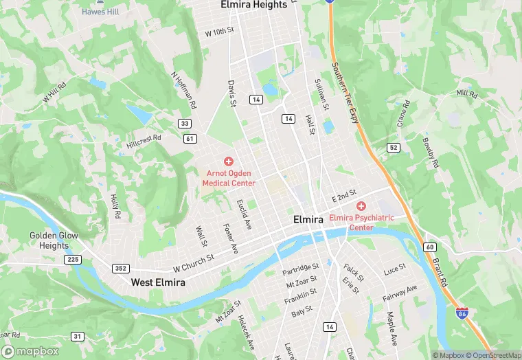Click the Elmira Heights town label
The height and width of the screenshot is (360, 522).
click(x=253, y=5)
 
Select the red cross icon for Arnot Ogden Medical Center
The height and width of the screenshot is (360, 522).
click(x=229, y=161)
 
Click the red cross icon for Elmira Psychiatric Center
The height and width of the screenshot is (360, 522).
click(x=361, y=206)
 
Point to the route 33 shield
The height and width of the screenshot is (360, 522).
click(x=184, y=124)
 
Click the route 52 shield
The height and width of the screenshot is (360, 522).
click(x=393, y=148)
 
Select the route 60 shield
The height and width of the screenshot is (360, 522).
click(x=430, y=247)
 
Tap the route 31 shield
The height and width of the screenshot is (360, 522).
click(x=77, y=336)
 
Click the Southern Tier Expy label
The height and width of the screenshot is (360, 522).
click(x=345, y=93)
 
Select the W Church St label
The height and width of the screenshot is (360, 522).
click(x=194, y=262)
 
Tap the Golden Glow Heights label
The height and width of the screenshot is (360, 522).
click(x=54, y=240)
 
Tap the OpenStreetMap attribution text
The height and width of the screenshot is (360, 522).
click(x=490, y=355)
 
